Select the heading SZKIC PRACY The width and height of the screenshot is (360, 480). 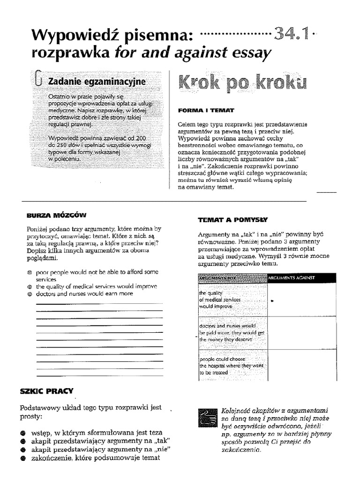click(x=46, y=390)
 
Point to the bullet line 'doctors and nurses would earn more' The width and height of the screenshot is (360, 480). click(x=84, y=293)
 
